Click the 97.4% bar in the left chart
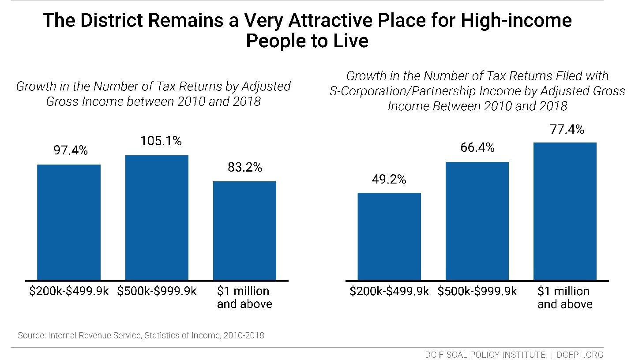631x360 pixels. click(x=69, y=222)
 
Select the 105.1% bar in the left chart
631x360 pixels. click(x=157, y=218)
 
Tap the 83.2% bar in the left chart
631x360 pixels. click(x=244, y=231)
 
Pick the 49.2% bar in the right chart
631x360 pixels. click(x=389, y=236)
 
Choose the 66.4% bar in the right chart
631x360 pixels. click(x=477, y=221)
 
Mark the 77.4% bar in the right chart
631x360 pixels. click(x=565, y=211)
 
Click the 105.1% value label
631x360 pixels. click(x=161, y=141)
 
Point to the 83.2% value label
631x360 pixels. click(x=245, y=167)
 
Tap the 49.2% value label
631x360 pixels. click(x=389, y=180)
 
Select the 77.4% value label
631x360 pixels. click(x=567, y=129)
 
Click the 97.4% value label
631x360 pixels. click(x=71, y=151)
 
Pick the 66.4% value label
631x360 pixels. click(x=477, y=148)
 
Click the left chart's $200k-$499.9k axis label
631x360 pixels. click(x=69, y=292)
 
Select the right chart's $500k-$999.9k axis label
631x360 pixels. click(x=477, y=292)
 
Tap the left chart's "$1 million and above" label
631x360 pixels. click(x=244, y=298)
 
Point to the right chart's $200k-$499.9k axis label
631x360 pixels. click(x=389, y=292)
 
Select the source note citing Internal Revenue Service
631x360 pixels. click(x=141, y=335)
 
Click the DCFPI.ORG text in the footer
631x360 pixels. click(x=580, y=355)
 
